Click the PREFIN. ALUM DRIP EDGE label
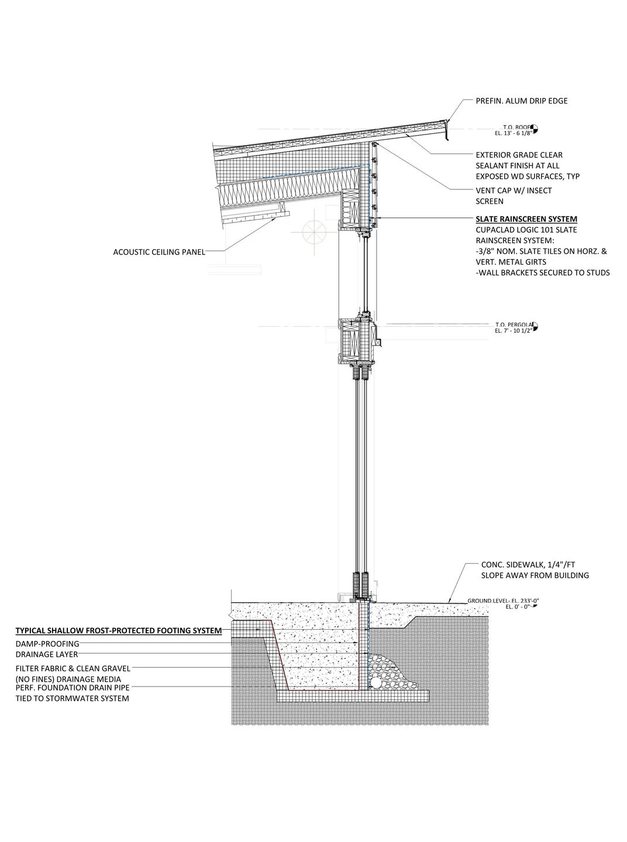[521, 101]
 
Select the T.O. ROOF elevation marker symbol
[535, 129]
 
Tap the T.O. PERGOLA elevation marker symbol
[535, 326]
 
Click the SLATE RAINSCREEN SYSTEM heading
[526, 219]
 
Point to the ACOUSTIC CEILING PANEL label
[159, 252]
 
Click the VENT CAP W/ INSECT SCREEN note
[514, 196]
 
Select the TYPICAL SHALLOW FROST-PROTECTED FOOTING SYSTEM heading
[119, 630]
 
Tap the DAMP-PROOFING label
[47, 644]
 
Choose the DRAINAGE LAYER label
[47, 654]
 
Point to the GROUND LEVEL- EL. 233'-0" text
[503, 601]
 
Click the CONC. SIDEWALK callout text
[535, 570]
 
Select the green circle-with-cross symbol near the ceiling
[315, 231]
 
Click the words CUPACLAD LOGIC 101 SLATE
[526, 230]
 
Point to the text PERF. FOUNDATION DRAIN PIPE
[73, 688]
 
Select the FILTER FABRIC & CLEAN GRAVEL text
[73, 668]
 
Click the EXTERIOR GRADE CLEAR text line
[519, 155]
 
